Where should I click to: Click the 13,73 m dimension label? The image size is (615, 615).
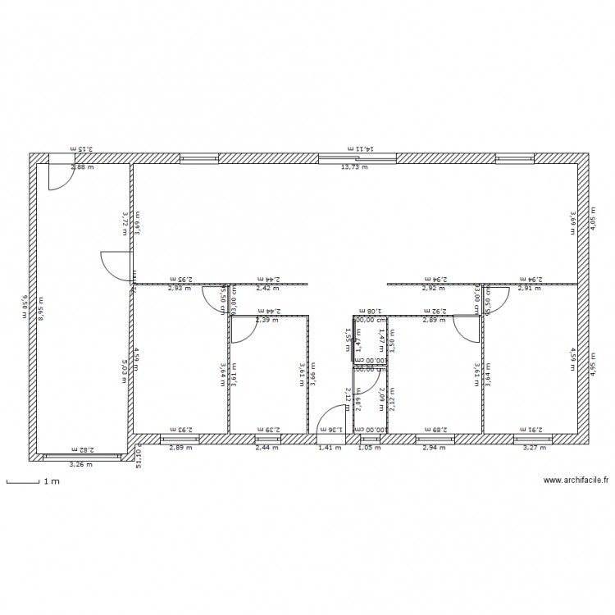click(x=354, y=167)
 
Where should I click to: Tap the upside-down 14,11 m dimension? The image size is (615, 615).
click(x=361, y=148)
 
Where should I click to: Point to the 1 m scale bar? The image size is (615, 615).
click(x=25, y=482)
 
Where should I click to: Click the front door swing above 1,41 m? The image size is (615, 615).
click(x=332, y=420)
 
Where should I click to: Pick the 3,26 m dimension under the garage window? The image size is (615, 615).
click(x=81, y=465)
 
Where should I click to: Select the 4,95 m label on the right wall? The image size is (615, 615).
click(x=594, y=362)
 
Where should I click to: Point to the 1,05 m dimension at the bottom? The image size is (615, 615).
click(x=365, y=449)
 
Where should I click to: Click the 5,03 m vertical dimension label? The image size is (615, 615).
click(x=125, y=362)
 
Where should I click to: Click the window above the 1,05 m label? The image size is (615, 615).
click(x=370, y=439)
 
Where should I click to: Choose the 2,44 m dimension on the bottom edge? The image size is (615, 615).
click(x=266, y=449)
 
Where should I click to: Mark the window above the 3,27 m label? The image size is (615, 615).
click(x=533, y=439)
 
